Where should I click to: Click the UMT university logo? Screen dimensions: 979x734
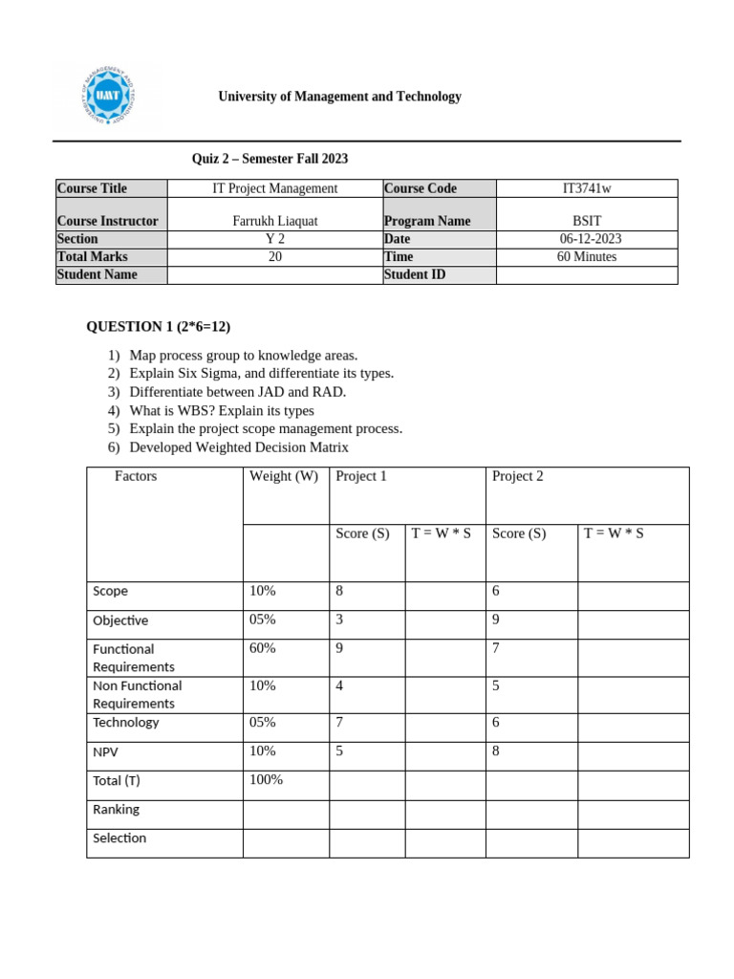point(108,98)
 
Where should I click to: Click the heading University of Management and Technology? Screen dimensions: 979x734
point(339,97)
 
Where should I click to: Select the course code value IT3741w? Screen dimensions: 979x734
point(587,188)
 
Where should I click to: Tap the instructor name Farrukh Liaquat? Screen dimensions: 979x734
point(275,221)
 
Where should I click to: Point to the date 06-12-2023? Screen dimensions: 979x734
point(587,239)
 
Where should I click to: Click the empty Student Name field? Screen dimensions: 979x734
point(275,274)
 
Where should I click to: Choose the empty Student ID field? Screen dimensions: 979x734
point(587,274)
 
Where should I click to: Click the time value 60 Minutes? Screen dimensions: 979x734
point(587,256)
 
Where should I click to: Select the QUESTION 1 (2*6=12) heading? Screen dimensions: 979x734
point(159,327)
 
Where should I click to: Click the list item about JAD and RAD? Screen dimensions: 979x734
point(237,392)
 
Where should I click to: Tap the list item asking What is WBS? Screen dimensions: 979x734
point(221,410)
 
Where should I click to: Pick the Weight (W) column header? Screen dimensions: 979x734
point(284,476)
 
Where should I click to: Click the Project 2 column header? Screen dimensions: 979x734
point(517,476)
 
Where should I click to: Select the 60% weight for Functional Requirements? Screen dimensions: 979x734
point(263,648)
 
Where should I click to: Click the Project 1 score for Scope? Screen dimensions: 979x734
point(339,592)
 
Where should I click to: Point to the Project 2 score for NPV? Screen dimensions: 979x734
point(496,751)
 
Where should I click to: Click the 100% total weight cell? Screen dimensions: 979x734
point(266,780)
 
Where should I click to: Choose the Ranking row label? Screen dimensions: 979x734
point(116,810)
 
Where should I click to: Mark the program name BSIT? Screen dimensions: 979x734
point(587,221)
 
